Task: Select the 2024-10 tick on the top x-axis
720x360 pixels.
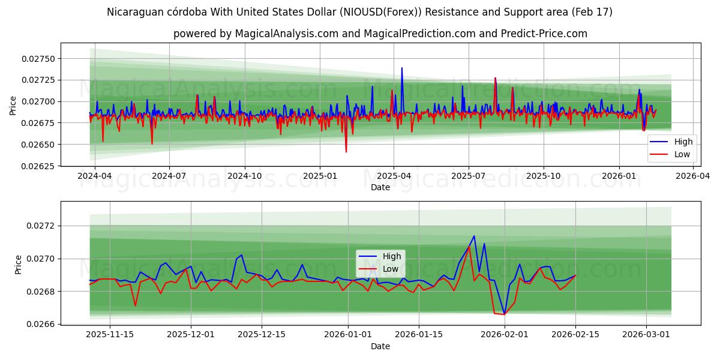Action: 244,176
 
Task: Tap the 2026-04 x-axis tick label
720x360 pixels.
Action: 693,176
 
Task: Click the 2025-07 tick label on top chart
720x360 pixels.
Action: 468,176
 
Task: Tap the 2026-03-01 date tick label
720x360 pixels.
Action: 646,335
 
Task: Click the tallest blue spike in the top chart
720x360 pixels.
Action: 402,68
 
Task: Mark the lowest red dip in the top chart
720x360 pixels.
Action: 346,152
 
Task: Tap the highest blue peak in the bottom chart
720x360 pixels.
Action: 474,236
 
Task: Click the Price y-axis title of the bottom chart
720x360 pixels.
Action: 18,264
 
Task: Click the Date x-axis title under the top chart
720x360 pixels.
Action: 380,187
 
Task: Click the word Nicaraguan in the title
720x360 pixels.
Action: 137,12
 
